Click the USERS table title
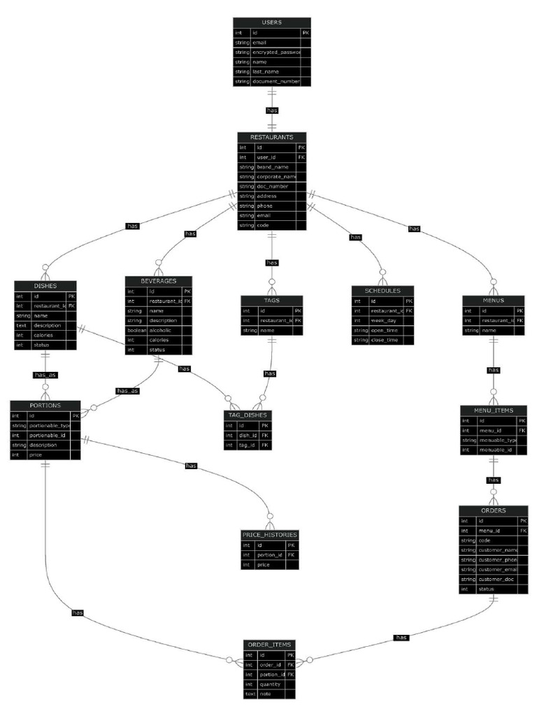click(x=271, y=22)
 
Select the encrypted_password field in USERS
click(x=275, y=52)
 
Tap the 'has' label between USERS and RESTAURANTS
click(x=271, y=110)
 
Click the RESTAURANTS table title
click(x=271, y=137)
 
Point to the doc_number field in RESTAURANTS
click(x=273, y=187)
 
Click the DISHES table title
click(x=45, y=285)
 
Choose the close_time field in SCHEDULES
click(x=385, y=340)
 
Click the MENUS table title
click(x=493, y=300)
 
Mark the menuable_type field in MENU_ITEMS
click(x=497, y=440)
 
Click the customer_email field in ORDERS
click(x=498, y=570)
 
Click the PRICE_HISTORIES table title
click(x=270, y=534)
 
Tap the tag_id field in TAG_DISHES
click(x=246, y=445)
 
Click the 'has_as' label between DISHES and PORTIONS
click(x=45, y=375)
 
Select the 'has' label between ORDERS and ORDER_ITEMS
click(x=401, y=638)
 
